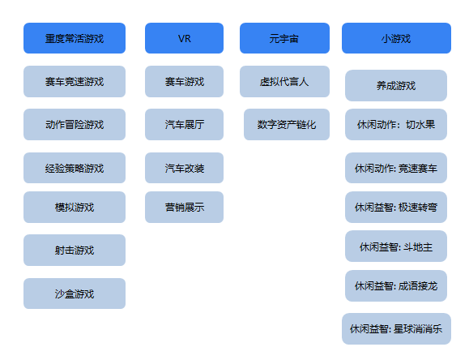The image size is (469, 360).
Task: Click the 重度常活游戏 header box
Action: pyautogui.click(x=75, y=38)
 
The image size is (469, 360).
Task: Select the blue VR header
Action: pyautogui.click(x=184, y=38)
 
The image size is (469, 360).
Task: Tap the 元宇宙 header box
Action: pyautogui.click(x=284, y=38)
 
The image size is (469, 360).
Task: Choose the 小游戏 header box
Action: pyautogui.click(x=396, y=38)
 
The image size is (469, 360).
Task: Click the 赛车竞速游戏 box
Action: pyautogui.click(x=75, y=81)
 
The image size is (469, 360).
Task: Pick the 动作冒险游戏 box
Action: pyautogui.click(x=75, y=124)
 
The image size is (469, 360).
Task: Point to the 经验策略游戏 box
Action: pyautogui.click(x=75, y=168)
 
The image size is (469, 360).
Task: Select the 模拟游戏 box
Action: pyautogui.click(x=75, y=207)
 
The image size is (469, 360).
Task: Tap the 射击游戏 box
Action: pyautogui.click(x=75, y=250)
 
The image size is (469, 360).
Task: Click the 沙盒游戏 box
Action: pyautogui.click(x=75, y=294)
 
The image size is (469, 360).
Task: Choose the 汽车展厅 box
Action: pyautogui.click(x=184, y=124)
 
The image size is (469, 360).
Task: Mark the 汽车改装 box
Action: pyautogui.click(x=184, y=168)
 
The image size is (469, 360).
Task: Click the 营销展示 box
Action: pyautogui.click(x=184, y=207)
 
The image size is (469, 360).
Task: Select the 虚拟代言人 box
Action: pyautogui.click(x=284, y=81)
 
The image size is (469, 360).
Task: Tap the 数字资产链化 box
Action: pyautogui.click(x=287, y=124)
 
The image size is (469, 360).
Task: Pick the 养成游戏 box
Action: pyautogui.click(x=396, y=85)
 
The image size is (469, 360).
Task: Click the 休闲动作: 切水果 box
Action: pyautogui.click(x=396, y=124)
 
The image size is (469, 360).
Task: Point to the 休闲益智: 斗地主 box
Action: pyautogui.click(x=396, y=246)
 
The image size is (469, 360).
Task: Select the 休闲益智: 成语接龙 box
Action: pyautogui.click(x=396, y=285)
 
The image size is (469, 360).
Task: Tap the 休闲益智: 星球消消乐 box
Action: pyautogui.click(x=396, y=328)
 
